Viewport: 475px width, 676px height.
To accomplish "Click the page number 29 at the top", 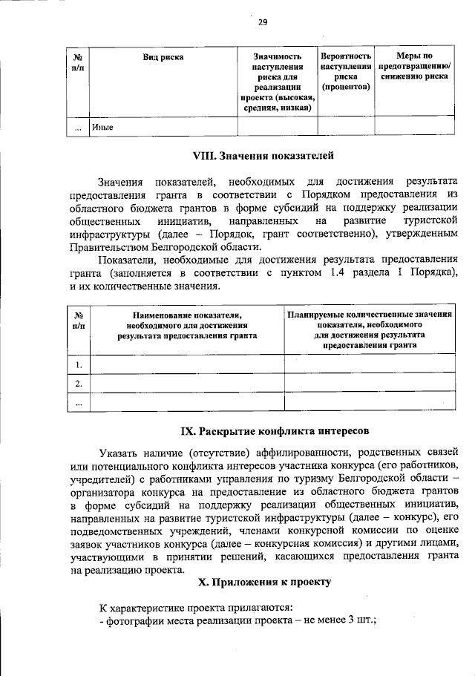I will [262, 22].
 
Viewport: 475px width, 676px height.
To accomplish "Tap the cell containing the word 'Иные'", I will [102, 127].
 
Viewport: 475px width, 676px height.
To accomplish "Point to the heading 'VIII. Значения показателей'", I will [264, 157].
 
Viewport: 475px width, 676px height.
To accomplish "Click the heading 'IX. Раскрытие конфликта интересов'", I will [263, 431].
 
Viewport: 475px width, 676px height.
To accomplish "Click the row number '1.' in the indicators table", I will [78, 364].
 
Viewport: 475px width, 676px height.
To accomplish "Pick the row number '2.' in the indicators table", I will [78, 383].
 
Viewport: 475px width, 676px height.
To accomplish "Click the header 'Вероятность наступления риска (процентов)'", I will [345, 71].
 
